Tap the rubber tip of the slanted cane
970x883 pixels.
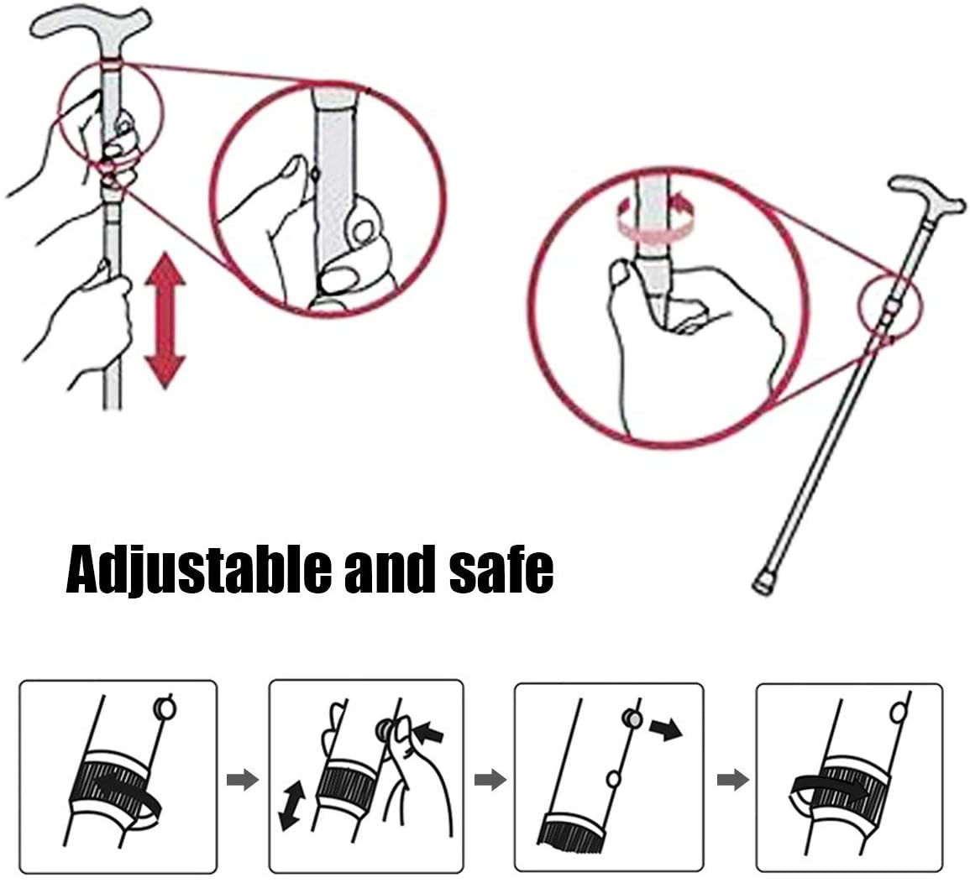pos(763,583)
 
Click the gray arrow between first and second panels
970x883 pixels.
pos(242,780)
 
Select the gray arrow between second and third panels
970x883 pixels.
pos(490,780)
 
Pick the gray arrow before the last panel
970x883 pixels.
pos(732,780)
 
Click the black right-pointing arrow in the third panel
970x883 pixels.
pos(666,730)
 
